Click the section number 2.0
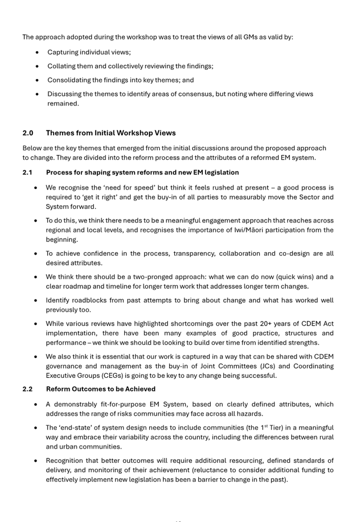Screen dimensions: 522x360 click(x=28, y=133)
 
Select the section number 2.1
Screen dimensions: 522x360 click(x=27, y=172)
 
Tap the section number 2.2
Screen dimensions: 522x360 click(x=27, y=389)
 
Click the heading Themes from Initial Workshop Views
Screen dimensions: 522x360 click(x=111, y=133)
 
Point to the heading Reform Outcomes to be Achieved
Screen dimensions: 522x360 click(x=101, y=389)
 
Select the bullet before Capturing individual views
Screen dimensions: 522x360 click(x=37, y=52)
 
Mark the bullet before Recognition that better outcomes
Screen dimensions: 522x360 click(x=36, y=461)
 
